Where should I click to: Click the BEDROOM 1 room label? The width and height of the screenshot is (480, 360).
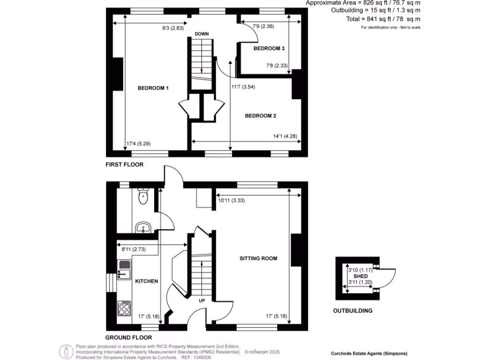[153, 88]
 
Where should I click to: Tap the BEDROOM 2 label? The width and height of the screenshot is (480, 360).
[261, 116]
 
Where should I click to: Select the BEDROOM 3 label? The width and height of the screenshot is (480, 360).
[269, 48]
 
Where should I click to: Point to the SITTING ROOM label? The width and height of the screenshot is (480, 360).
[258, 258]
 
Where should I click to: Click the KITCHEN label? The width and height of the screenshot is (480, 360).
[146, 281]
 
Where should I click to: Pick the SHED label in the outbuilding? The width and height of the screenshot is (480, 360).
[360, 277]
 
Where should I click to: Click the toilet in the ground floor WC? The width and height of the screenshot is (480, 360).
[143, 196]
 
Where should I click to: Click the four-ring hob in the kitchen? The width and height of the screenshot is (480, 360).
[125, 308]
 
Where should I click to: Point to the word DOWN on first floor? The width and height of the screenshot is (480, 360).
[202, 34]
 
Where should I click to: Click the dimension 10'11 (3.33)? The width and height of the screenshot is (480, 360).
[232, 200]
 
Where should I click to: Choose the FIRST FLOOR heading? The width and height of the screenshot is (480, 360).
[124, 165]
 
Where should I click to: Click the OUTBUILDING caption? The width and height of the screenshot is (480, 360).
[352, 311]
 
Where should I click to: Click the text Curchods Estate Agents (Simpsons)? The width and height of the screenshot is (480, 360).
[369, 353]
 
